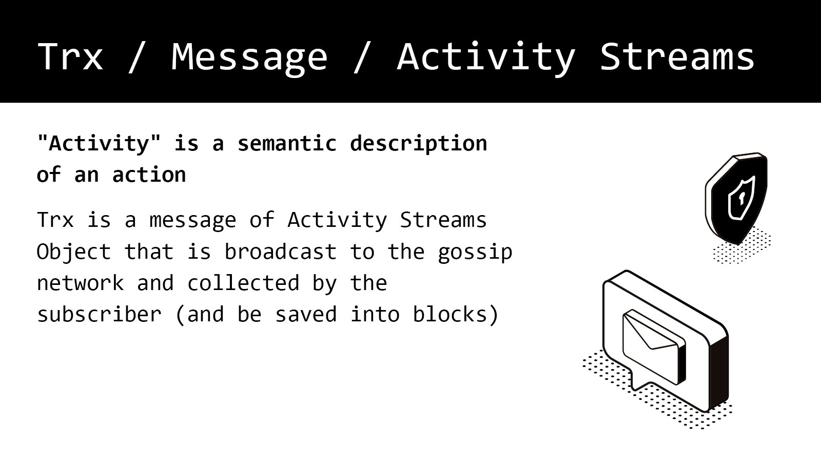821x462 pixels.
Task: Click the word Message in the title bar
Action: pos(249,59)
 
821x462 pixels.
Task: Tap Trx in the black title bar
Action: pos(70,56)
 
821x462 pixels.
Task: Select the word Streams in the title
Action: pos(677,56)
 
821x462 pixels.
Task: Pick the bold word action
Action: pos(149,175)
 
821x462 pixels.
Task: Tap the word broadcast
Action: pos(280,252)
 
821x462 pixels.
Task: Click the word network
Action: pos(81,283)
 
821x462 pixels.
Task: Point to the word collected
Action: pos(244,283)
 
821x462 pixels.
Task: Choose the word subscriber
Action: pos(100,314)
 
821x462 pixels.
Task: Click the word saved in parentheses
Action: pos(306,315)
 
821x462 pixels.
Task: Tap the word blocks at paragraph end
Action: pos(450,314)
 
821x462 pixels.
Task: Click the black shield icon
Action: pos(736,198)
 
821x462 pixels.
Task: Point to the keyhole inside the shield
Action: pos(741,199)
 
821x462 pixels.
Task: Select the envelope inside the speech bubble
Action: pos(654,347)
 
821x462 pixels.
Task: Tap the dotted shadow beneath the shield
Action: pos(742,246)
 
